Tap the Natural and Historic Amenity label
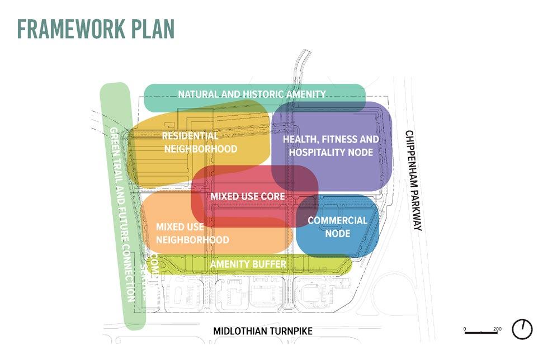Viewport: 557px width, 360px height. (x=252, y=94)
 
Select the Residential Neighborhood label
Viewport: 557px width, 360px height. (x=199, y=143)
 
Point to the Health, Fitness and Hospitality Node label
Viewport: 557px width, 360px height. (x=331, y=145)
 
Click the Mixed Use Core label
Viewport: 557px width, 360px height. (x=247, y=197)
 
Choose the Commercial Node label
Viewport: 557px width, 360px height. (x=337, y=226)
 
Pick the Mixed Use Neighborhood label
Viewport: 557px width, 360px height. (x=192, y=233)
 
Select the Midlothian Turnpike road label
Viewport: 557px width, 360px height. (x=263, y=331)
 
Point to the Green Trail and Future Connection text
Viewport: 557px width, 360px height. (x=122, y=215)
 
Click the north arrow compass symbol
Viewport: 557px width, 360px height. (x=522, y=329)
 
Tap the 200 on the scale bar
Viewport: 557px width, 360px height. (x=497, y=329)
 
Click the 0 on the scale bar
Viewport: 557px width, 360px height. (x=465, y=329)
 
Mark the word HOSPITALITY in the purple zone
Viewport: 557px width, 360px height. (x=318, y=152)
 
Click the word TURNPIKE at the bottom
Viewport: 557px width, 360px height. (x=290, y=331)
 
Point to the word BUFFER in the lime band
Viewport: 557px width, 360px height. (x=270, y=264)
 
